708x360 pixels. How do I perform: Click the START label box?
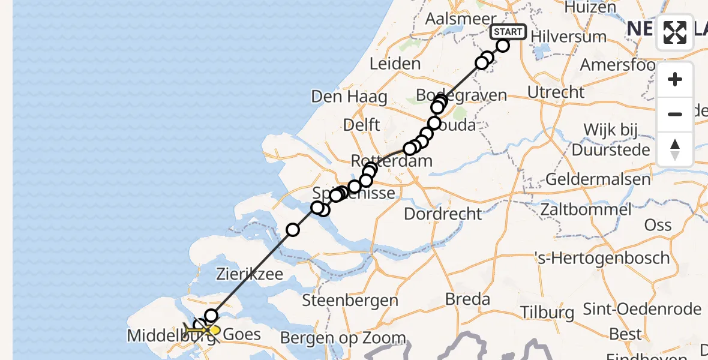point(508,32)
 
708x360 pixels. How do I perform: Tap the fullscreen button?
point(675,32)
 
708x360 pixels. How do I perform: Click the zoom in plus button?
point(675,79)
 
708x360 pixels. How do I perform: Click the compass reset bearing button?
point(675,149)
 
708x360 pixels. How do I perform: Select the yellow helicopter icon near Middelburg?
point(199,329)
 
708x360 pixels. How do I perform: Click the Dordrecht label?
point(443,213)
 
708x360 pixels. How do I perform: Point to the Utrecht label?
point(556,92)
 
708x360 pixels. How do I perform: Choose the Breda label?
point(467,299)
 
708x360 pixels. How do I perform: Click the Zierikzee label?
point(250,274)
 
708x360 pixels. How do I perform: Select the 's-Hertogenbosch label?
point(602,258)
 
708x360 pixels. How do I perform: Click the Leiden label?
point(395,64)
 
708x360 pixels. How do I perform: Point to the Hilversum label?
point(569,36)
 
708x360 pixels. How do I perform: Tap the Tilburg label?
point(547,312)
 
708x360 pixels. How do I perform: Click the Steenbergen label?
point(351,300)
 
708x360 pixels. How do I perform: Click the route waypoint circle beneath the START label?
point(503,46)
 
